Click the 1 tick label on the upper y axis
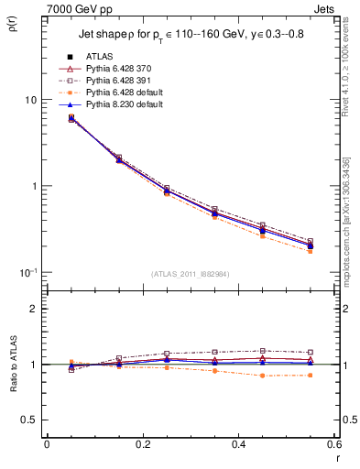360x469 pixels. [35, 186]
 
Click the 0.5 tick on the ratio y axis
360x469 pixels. [31, 420]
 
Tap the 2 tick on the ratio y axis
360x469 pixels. [35, 309]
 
